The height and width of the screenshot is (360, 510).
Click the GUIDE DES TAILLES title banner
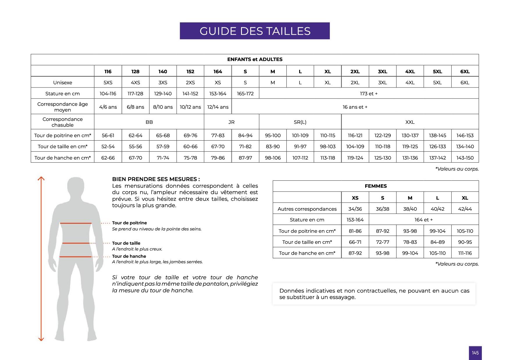tap(255, 31)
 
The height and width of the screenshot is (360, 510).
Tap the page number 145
tap(475, 353)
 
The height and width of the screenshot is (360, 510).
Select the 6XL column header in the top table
tap(465, 71)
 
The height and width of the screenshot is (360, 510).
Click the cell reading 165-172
tap(245, 94)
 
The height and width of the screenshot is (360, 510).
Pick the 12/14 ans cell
tap(218, 107)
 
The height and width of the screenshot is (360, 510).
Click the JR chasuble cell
tap(231, 122)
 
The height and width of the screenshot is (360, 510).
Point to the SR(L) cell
tap(300, 122)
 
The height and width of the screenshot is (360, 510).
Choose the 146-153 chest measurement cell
tap(465, 135)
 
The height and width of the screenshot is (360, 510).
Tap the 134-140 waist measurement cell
tap(465, 146)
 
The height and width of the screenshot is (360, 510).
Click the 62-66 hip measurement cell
tap(108, 158)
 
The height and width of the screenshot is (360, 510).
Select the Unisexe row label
tap(63, 83)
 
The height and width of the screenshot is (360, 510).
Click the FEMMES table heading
tap(376, 186)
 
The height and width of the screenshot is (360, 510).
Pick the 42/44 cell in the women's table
tap(465, 209)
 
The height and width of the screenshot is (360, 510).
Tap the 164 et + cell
tap(423, 220)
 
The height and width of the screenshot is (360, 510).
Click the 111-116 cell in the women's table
tap(465, 253)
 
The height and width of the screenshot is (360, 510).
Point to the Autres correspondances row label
tap(307, 209)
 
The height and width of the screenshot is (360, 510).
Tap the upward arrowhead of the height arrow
tap(41, 178)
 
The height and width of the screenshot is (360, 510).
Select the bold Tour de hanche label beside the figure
tap(129, 256)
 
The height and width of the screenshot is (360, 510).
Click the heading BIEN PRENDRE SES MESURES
tap(156, 179)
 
